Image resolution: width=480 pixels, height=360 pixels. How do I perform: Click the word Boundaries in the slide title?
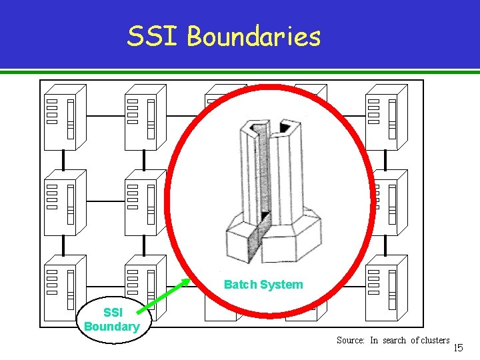[253, 37]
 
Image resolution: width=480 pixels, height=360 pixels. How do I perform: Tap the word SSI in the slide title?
[153, 37]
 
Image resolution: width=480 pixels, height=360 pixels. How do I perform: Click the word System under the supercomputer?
[281, 285]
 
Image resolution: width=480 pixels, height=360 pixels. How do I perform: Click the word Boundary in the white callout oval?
[111, 327]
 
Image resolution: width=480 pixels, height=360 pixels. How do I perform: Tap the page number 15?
[458, 347]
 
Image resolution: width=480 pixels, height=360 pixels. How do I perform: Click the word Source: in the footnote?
[350, 340]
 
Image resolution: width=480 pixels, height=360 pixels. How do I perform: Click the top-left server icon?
[64, 117]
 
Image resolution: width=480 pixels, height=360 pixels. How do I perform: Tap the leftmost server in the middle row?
[64, 202]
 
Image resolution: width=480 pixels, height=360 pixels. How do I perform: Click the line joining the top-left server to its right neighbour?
[104, 115]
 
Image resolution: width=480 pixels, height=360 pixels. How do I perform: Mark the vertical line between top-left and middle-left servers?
[63, 160]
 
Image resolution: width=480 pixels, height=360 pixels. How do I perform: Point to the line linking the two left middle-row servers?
[104, 201]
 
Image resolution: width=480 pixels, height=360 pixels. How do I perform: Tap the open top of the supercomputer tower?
[267, 127]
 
